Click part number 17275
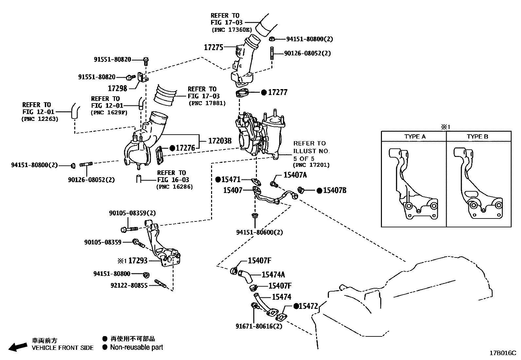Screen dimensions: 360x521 click(x=213, y=47)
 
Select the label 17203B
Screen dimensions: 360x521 click(x=220, y=141)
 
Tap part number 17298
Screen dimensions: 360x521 click(x=117, y=88)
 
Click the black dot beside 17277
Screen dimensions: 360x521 click(x=264, y=93)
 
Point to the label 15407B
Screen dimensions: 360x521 click(x=334, y=191)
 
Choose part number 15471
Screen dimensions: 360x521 click(x=231, y=180)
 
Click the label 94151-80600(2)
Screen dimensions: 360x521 click(x=260, y=232)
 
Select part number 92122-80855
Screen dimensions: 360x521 click(x=129, y=285)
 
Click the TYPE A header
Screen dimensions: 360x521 click(x=415, y=137)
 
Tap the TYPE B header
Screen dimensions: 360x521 click(x=477, y=137)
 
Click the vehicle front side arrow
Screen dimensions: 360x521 click(x=18, y=347)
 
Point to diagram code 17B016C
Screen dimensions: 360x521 click(x=503, y=353)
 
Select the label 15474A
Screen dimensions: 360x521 click(x=273, y=275)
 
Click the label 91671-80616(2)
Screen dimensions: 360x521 click(x=259, y=326)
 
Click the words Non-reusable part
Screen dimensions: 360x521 click(x=136, y=347)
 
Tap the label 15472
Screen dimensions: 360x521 click(x=308, y=306)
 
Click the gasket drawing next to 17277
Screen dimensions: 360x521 click(x=242, y=93)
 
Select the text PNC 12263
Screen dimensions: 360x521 click(x=40, y=119)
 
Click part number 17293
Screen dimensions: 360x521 click(x=138, y=261)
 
